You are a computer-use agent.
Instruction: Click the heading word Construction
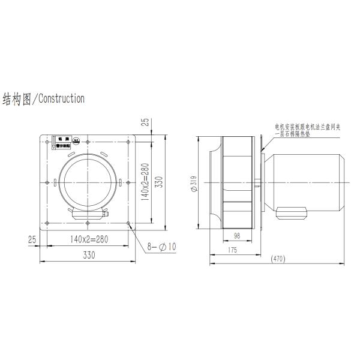(61, 98)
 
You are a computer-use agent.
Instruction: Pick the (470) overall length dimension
(277, 259)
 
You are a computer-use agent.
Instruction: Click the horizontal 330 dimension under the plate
(88, 255)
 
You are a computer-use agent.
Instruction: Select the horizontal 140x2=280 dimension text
(88, 239)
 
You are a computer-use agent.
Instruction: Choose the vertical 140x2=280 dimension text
(145, 182)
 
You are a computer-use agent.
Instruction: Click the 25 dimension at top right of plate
(145, 122)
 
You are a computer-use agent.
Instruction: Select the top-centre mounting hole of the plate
(88, 141)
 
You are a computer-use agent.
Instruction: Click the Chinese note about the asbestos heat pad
(308, 131)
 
